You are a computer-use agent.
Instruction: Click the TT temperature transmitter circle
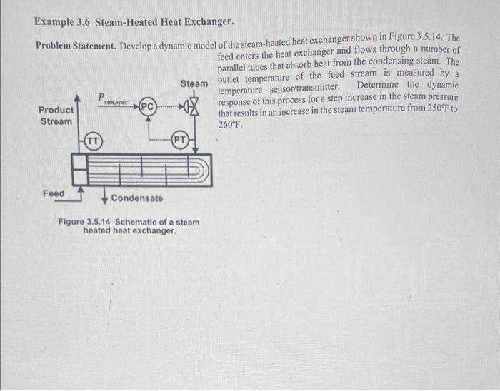click(x=94, y=141)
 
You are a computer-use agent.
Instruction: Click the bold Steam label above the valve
click(x=194, y=83)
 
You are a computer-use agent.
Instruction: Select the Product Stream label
click(x=56, y=116)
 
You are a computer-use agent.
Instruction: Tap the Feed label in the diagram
click(x=53, y=193)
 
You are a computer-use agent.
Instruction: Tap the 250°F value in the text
click(x=430, y=113)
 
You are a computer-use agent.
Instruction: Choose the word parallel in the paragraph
click(x=233, y=63)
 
